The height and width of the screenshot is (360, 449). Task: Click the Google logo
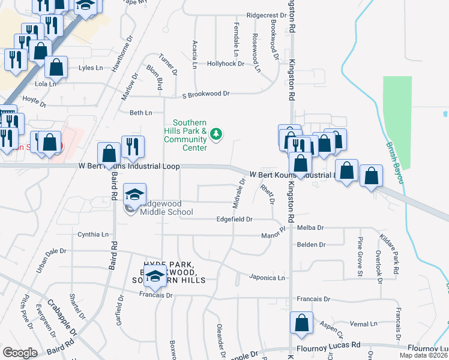tap(20, 352)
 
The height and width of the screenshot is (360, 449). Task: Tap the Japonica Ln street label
tap(267, 278)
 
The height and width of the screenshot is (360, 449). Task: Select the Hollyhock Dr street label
tap(226, 63)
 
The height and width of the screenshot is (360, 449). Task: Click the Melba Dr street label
tap(310, 228)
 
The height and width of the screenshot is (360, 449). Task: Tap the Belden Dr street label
tap(311, 245)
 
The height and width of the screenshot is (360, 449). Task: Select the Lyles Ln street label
tap(91, 68)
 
